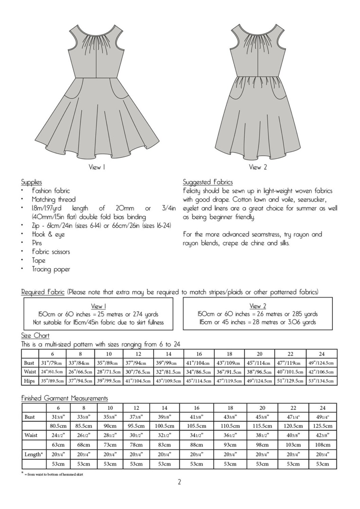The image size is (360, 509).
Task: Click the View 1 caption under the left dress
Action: point(97,167)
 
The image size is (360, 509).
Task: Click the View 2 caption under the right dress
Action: point(258,167)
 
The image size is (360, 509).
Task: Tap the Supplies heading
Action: point(31,182)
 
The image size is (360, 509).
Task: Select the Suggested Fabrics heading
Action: point(207,182)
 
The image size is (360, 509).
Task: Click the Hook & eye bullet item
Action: point(48,234)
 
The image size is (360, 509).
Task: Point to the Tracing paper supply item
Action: point(51,269)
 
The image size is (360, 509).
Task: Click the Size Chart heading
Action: point(35,335)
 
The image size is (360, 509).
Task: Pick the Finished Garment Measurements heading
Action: point(64,398)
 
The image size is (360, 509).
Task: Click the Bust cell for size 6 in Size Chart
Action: point(52,363)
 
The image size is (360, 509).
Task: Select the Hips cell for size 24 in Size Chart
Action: point(321,381)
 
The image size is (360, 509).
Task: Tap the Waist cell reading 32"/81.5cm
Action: point(168,372)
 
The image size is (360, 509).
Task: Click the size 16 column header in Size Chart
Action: point(199,354)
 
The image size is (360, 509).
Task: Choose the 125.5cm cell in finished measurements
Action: point(322,426)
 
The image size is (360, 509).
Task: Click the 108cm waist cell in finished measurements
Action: point(322,445)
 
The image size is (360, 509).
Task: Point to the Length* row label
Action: point(33,454)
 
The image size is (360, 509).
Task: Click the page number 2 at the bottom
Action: point(179,482)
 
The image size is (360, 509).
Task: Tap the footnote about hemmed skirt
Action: point(54,474)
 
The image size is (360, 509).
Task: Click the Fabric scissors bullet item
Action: point(51,252)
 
